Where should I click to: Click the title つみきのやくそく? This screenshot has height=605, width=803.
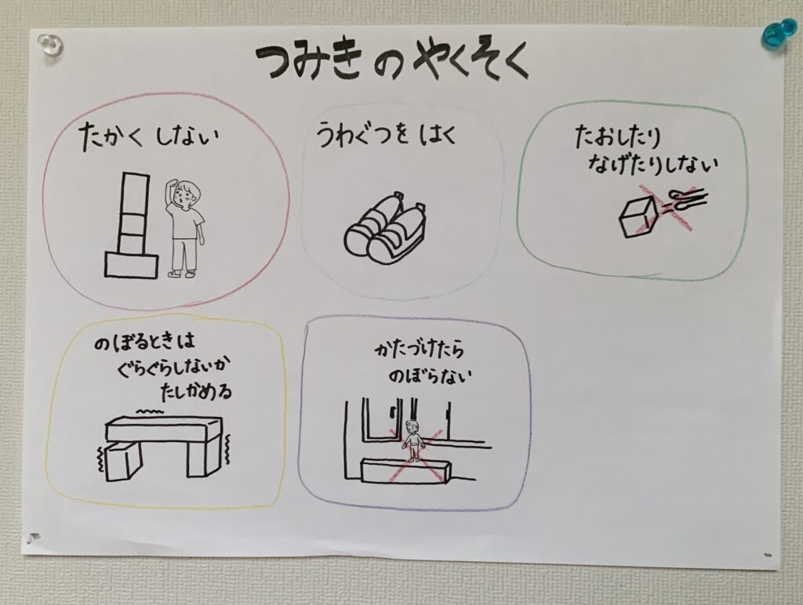(x=392, y=63)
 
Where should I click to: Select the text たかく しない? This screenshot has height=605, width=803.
(x=149, y=138)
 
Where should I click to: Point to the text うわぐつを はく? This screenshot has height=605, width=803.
(x=386, y=136)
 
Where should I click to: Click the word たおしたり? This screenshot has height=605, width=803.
(x=618, y=136)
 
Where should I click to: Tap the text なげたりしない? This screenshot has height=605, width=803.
(x=653, y=164)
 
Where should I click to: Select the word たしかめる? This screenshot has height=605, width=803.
(x=196, y=392)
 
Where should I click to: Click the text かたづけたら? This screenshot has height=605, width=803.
(x=420, y=350)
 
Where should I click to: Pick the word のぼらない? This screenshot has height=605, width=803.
(x=429, y=376)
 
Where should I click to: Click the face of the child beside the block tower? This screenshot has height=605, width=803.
(x=184, y=194)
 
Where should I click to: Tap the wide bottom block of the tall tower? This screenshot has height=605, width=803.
(x=132, y=266)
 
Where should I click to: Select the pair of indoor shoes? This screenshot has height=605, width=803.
(x=386, y=226)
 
